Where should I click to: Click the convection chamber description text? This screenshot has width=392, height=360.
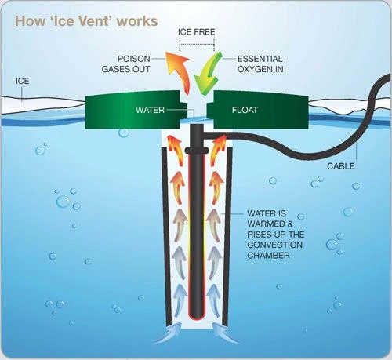274,232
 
